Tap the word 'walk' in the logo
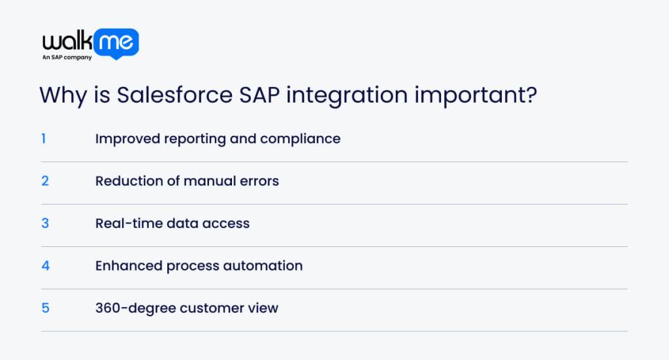(66, 42)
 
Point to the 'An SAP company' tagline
(67, 57)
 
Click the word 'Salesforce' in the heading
(174, 95)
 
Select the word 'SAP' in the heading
(259, 95)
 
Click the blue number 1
(44, 139)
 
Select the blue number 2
(45, 181)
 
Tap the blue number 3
(45, 223)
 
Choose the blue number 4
(45, 266)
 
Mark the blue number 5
(45, 308)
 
